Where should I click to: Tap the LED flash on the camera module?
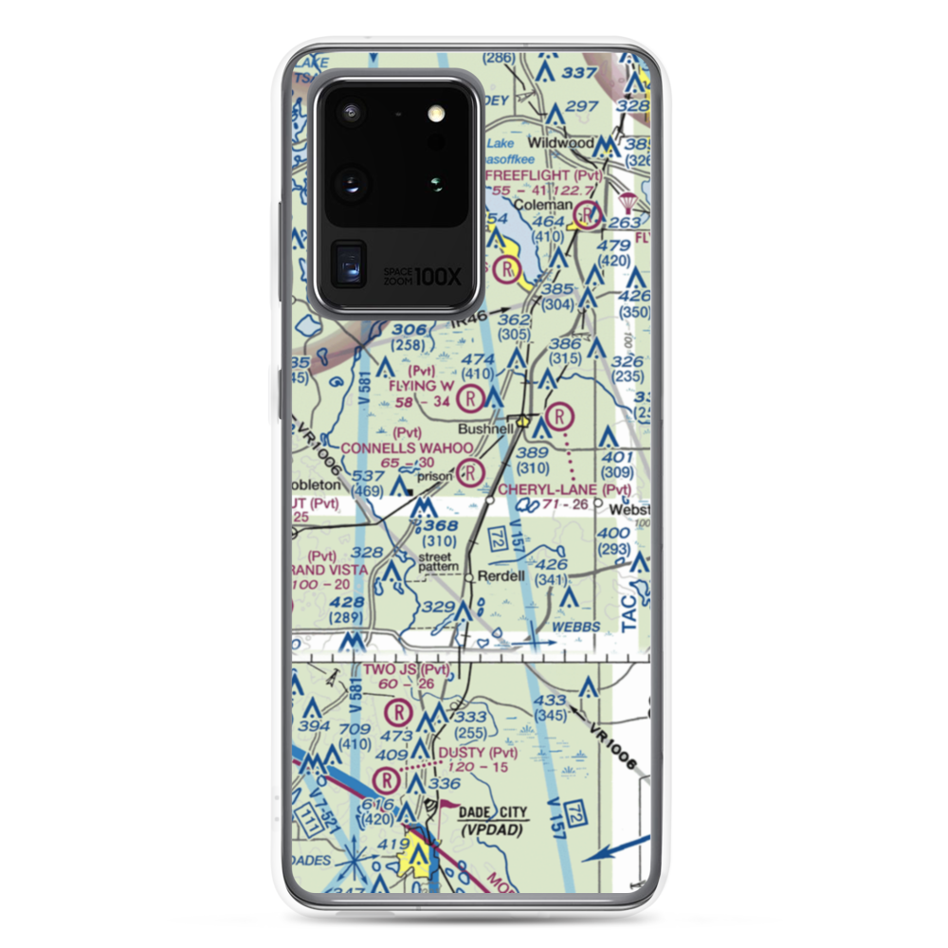point(437,114)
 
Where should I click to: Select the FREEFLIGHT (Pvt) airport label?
point(542,175)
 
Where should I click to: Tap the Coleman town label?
point(543,205)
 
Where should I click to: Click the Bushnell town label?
point(488,428)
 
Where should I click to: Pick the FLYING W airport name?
point(421,386)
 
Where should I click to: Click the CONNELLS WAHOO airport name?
point(407,447)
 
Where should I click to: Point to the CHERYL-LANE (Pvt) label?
point(564,489)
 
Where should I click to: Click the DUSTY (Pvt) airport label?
point(479,753)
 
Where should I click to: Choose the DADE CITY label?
point(495,812)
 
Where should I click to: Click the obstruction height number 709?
point(355,730)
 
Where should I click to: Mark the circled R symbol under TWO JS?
point(399,709)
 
